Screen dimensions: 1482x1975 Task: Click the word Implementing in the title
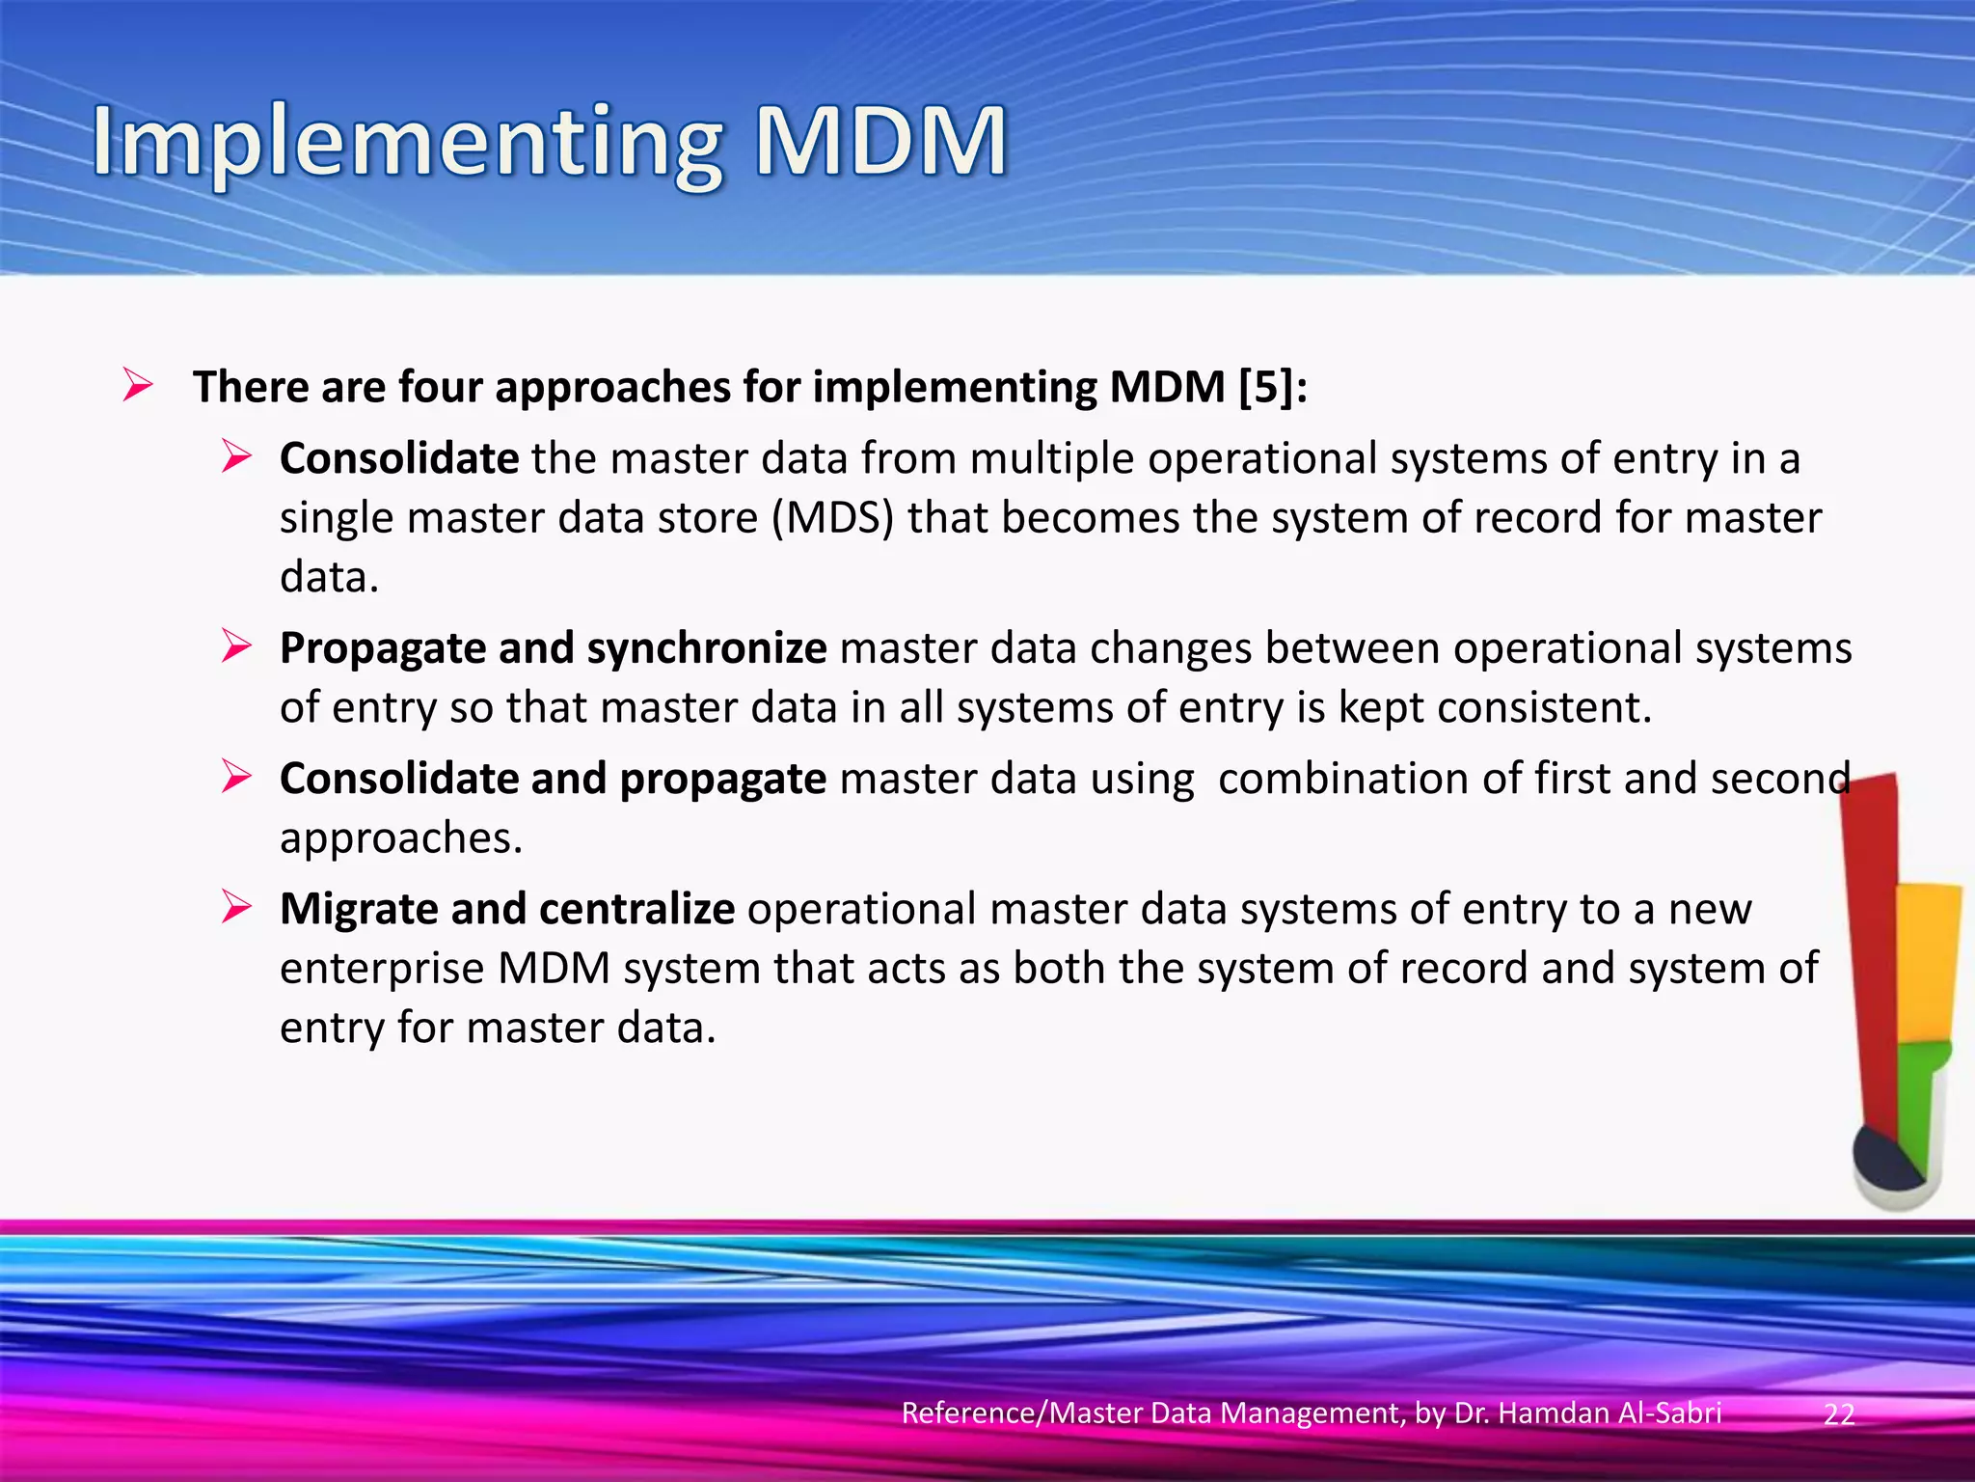point(405,145)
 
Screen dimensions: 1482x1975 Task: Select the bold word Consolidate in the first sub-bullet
point(399,458)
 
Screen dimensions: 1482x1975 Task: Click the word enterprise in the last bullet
point(382,969)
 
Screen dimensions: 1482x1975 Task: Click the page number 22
point(1839,1414)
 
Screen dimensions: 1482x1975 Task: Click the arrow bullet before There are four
point(138,386)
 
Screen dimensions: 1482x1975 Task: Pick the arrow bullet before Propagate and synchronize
point(236,645)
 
